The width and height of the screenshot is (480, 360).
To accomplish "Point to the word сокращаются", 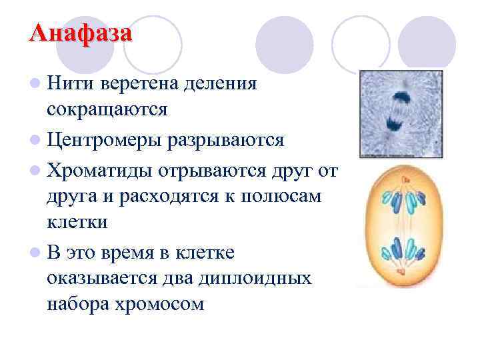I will pos(107,109).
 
